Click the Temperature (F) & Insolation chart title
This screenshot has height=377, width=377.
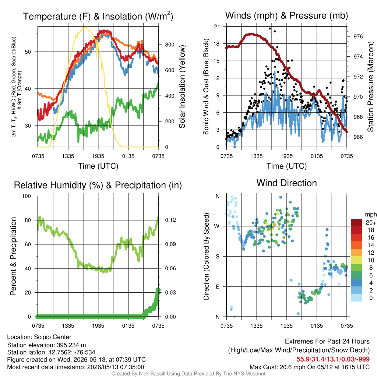[x=98, y=16]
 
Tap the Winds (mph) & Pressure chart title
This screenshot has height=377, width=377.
[x=286, y=15]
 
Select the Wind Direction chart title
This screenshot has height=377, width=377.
[x=286, y=183]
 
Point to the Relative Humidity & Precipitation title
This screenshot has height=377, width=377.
[x=98, y=185]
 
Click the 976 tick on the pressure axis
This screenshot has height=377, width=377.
[x=358, y=36]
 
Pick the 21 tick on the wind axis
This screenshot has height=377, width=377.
[x=217, y=27]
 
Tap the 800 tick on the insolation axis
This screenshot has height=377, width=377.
[x=170, y=45]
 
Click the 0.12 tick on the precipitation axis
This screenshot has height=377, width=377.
[x=170, y=220]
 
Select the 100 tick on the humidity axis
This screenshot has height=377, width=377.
[x=27, y=196]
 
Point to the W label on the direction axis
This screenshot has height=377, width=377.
[x=217, y=226]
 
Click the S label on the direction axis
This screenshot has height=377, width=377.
[x=217, y=257]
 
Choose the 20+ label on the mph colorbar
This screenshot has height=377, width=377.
[x=371, y=222]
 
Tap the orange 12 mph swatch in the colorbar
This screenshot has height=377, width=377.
[x=356, y=253]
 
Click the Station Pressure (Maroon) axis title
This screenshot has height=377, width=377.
[x=370, y=87]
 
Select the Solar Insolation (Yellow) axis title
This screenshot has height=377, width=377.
[x=182, y=87]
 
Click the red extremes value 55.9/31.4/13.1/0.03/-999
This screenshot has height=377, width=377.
[x=333, y=359]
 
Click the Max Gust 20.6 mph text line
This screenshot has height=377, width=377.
[x=309, y=367]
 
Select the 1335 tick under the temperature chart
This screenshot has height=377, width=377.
[x=68, y=156]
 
